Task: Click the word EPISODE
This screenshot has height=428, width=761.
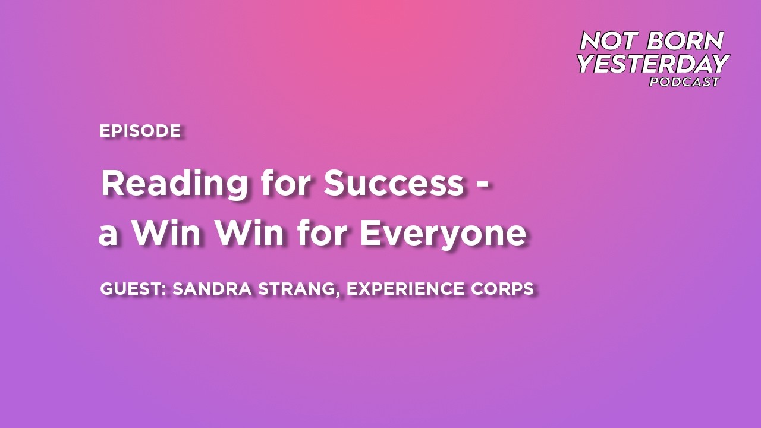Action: pyautogui.click(x=140, y=131)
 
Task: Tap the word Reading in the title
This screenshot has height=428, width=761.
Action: pyautogui.click(x=174, y=184)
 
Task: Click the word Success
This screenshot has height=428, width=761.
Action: pyautogui.click(x=393, y=183)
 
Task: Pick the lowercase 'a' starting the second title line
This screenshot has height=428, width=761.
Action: pyautogui.click(x=108, y=235)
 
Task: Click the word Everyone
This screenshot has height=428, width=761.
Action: pyautogui.click(x=442, y=234)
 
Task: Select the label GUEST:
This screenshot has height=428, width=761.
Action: pyautogui.click(x=136, y=289)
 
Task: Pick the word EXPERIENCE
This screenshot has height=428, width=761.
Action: pyautogui.click(x=405, y=289)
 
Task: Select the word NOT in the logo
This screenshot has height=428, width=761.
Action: pyautogui.click(x=610, y=41)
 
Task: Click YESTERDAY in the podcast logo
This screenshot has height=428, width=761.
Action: pyautogui.click(x=653, y=63)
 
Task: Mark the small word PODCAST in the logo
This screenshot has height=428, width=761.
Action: pyautogui.click(x=684, y=82)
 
